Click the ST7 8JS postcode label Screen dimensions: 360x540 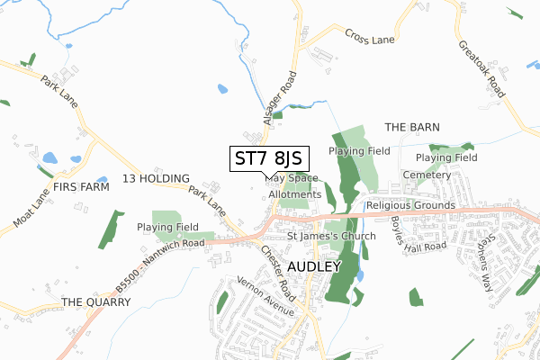coord(269,158)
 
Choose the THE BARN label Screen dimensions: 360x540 coord(412,127)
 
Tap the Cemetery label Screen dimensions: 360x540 coord(427,175)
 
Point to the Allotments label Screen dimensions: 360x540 coord(294,193)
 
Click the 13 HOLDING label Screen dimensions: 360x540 coord(156,179)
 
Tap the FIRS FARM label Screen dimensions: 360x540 coord(81,187)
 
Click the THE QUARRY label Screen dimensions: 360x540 coord(96,302)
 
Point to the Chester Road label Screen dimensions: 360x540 coord(278,273)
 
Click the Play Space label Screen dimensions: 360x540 coord(292,178)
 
